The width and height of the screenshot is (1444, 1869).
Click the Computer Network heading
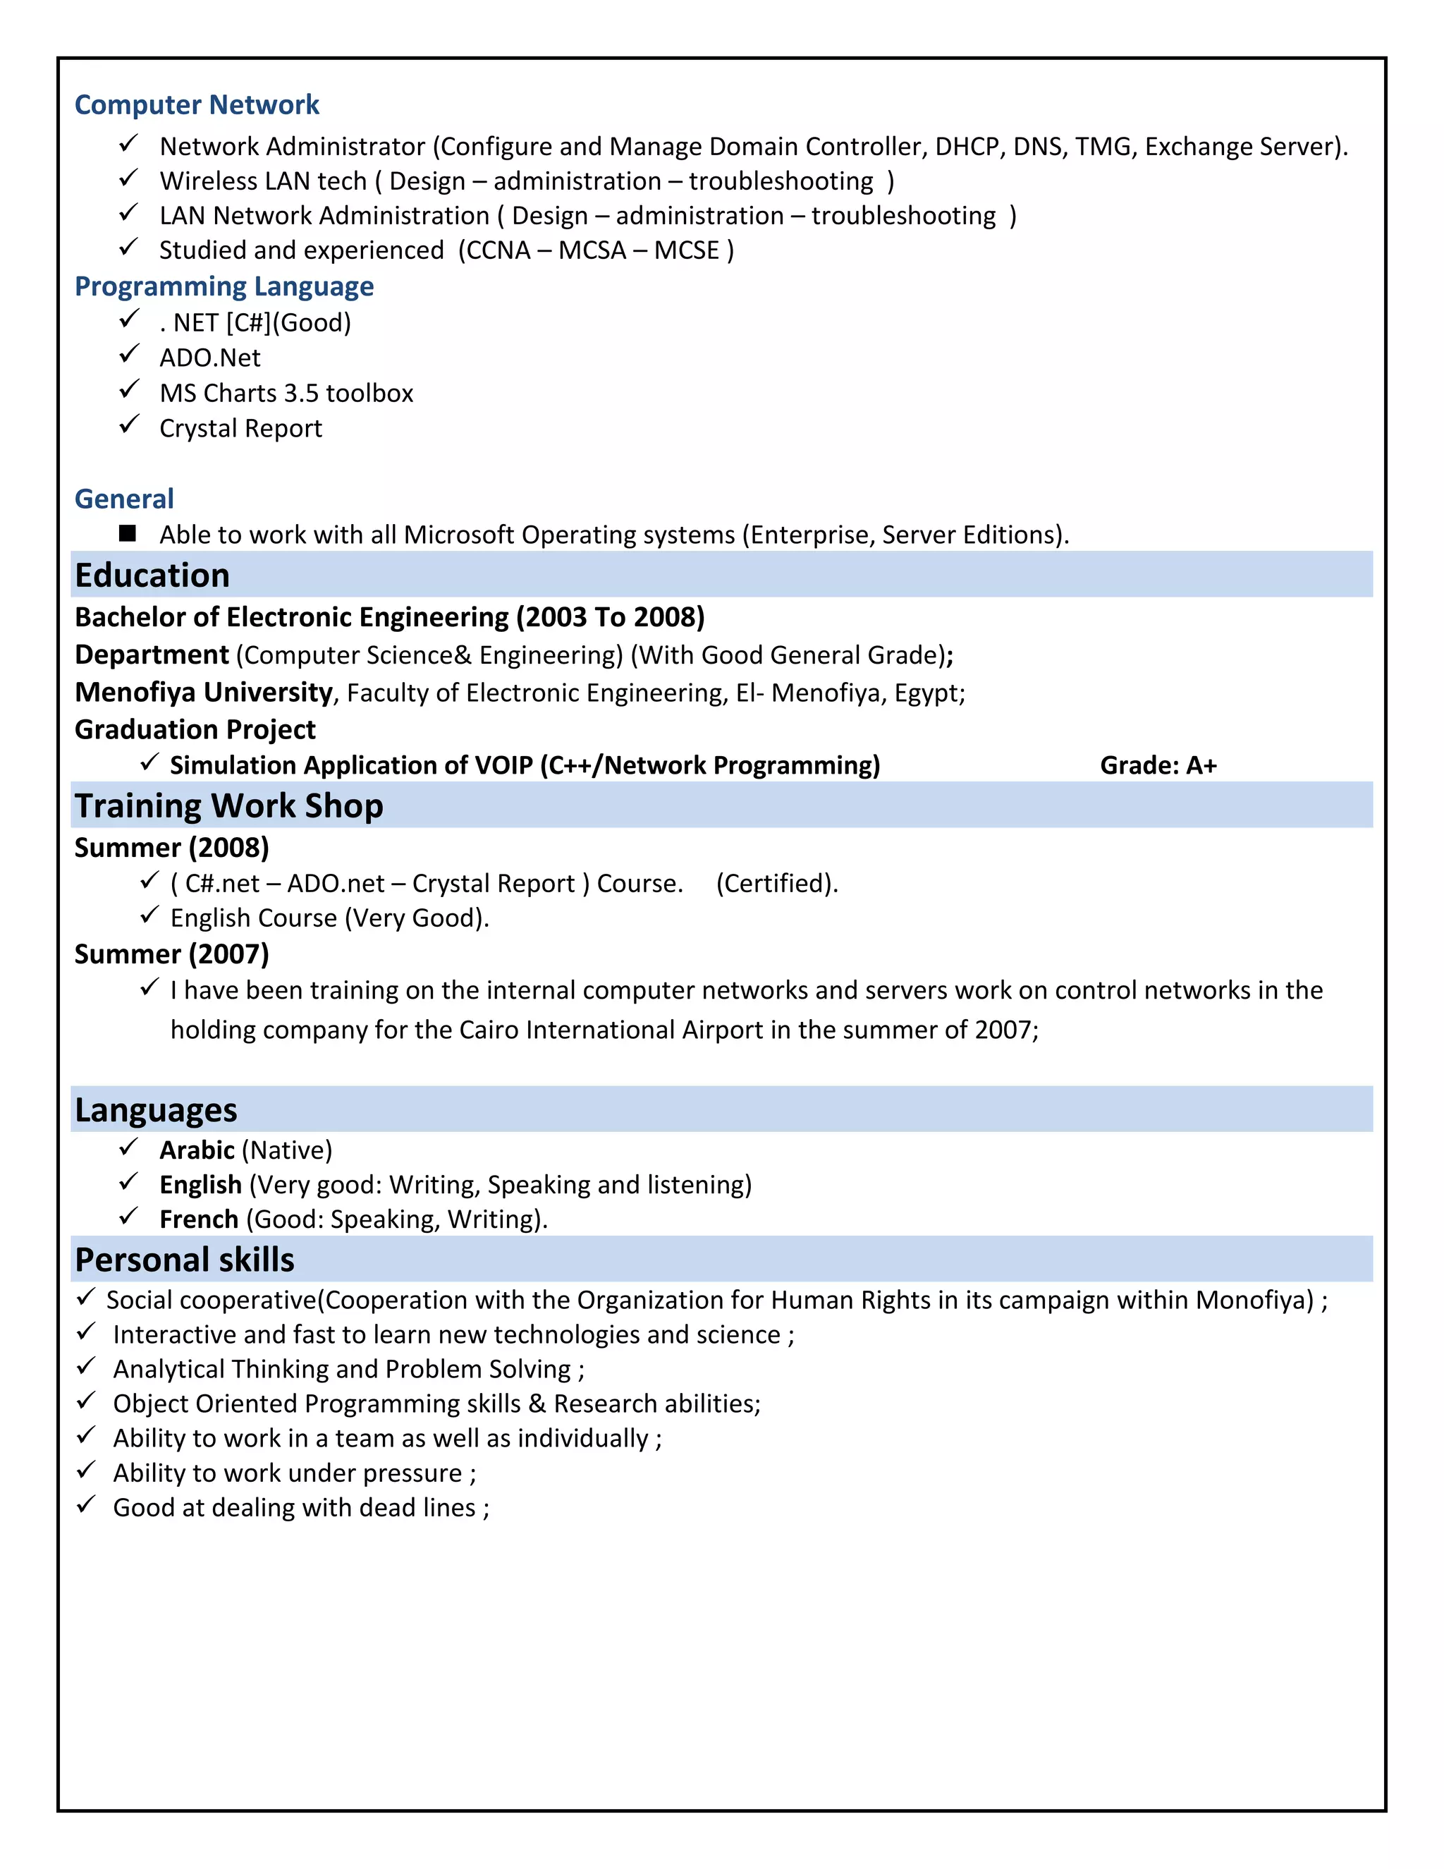click(196, 104)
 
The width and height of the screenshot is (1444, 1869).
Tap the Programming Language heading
click(224, 286)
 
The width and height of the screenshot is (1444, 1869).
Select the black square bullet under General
click(128, 533)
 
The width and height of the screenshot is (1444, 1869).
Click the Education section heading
click(152, 575)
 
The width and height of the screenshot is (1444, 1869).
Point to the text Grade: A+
click(1158, 765)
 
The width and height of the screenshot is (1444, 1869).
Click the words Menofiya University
click(204, 691)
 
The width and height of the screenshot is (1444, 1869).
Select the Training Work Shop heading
click(228, 806)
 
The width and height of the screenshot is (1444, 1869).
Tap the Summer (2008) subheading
click(171, 847)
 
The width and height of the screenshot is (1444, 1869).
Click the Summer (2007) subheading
click(171, 954)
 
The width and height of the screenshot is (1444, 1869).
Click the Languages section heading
click(156, 1110)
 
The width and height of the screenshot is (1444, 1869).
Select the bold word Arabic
click(197, 1150)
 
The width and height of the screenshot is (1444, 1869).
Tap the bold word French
click(198, 1219)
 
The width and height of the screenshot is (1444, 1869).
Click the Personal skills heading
click(184, 1260)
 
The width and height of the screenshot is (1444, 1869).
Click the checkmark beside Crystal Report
click(129, 425)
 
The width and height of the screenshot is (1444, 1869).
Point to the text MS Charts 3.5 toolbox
click(286, 393)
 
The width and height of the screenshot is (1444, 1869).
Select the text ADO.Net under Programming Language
click(209, 358)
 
